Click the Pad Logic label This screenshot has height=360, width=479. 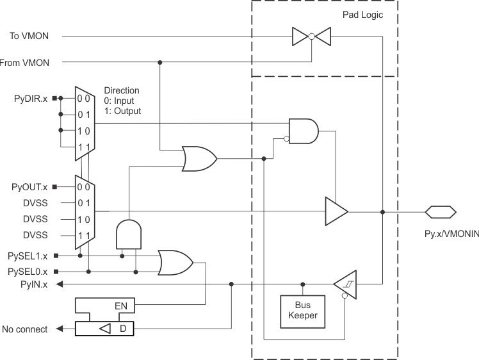(362, 14)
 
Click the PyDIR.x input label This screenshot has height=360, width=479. (31, 98)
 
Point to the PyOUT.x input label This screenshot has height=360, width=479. (29, 187)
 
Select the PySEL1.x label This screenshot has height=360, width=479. (29, 255)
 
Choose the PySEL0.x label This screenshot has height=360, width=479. (29, 272)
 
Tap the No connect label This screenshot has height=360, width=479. (25, 329)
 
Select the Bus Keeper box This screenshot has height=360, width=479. (303, 310)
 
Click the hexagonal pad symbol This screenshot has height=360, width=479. (441, 211)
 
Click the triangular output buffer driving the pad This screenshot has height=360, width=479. (336, 211)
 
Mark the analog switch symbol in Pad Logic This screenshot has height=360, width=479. (311, 37)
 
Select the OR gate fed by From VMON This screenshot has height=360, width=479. (199, 158)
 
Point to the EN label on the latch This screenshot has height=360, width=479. (121, 306)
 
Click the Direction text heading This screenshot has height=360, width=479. (122, 90)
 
